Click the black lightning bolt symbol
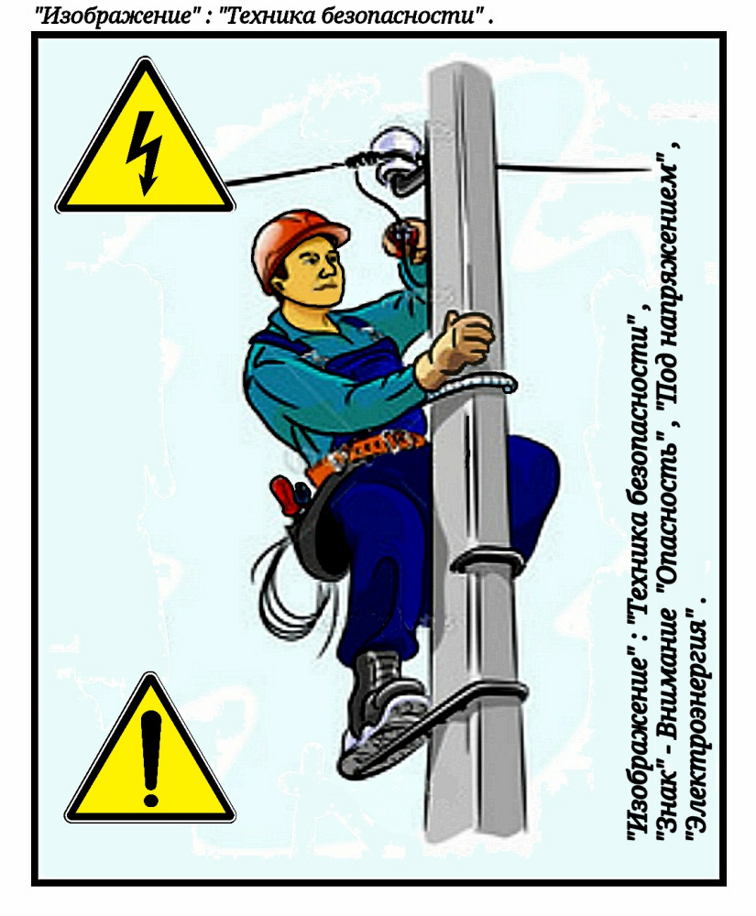[x=144, y=153]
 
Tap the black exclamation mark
[x=150, y=758]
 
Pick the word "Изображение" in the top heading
[x=115, y=16]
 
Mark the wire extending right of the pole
[x=574, y=169]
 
